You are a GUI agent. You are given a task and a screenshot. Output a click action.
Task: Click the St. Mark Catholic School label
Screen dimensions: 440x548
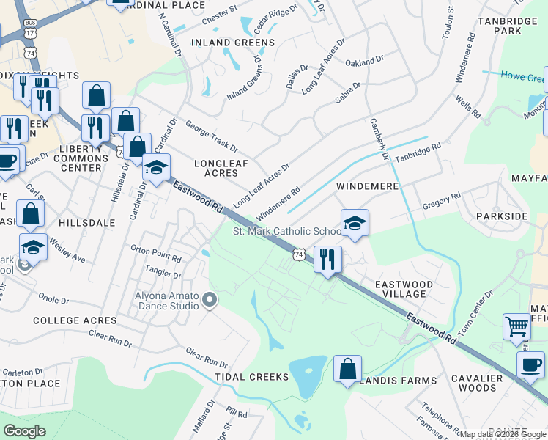point(286,231)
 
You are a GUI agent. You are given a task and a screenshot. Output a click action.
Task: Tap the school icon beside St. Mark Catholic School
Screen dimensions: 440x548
point(355,222)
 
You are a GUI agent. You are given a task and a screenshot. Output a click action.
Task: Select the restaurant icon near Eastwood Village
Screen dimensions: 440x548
point(327,259)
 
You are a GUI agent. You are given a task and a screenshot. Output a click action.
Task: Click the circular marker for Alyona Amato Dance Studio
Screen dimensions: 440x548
point(210,298)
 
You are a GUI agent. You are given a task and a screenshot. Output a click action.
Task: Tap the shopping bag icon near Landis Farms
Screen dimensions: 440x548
point(347,368)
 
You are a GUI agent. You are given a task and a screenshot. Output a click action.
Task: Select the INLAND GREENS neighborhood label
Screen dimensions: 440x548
point(233,43)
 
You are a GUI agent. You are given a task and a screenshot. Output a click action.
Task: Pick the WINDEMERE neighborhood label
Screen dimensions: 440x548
point(367,186)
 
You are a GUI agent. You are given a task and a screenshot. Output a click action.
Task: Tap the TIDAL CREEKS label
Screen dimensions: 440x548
point(248,376)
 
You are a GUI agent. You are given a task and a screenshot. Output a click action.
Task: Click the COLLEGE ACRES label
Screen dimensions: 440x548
point(75,320)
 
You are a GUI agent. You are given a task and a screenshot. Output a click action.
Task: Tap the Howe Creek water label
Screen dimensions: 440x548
point(522,75)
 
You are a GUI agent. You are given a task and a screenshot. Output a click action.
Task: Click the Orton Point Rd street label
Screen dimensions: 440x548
point(155,257)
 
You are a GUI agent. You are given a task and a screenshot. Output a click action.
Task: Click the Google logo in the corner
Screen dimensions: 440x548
point(24,431)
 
